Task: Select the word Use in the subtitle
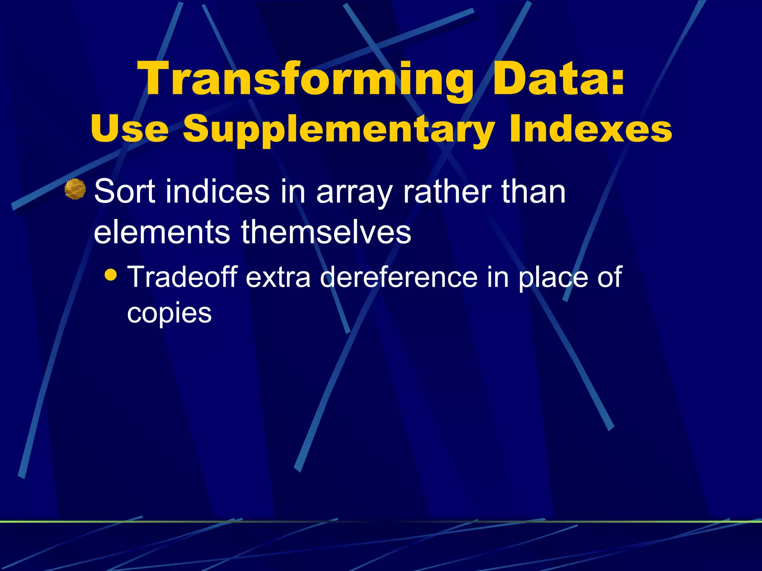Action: [129, 128]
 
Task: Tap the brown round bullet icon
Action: [75, 189]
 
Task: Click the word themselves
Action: [326, 232]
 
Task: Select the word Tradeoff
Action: [182, 277]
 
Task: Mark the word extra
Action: [278, 278]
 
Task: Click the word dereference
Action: [398, 277]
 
